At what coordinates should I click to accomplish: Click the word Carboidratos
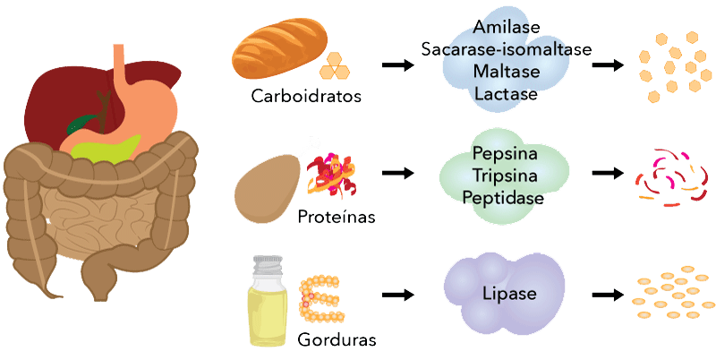(307, 97)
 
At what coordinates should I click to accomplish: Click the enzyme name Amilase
(506, 30)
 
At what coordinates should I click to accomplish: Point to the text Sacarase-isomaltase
(506, 50)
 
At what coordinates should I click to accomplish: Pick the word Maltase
(506, 71)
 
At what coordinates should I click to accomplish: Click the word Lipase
(506, 294)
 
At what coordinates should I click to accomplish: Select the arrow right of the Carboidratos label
(396, 66)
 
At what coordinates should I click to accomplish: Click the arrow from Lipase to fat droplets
(609, 294)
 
